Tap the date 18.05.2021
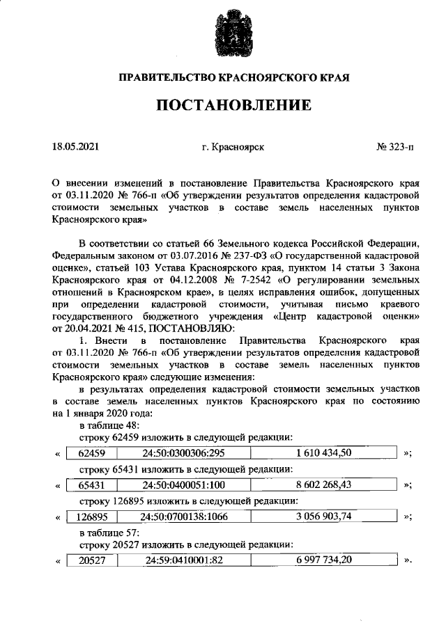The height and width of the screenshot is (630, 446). click(76, 148)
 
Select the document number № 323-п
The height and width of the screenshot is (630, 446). click(394, 148)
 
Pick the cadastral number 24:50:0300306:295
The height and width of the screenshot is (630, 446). click(182, 453)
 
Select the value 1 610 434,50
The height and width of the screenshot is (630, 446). click(323, 453)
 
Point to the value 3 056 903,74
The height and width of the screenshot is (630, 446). click(323, 517)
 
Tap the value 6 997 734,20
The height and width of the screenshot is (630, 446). click(323, 560)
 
